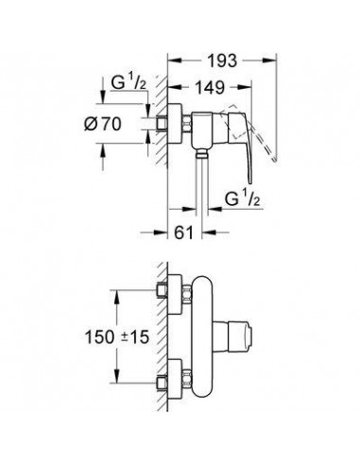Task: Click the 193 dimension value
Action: [x=222, y=60]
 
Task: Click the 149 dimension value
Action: [x=210, y=87]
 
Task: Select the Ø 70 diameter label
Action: [x=102, y=124]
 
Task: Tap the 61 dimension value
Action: [x=183, y=232]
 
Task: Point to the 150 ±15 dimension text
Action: [x=116, y=337]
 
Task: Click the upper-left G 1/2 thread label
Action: [x=129, y=83]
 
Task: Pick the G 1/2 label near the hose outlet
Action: [x=243, y=199]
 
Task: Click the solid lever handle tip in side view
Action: [x=250, y=181]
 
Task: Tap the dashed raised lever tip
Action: [x=275, y=160]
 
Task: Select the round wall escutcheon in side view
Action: [x=175, y=124]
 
